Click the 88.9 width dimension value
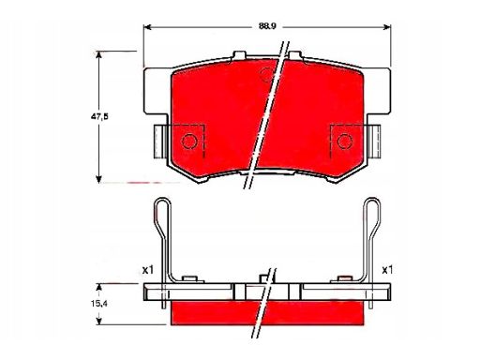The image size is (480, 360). tap(267, 26)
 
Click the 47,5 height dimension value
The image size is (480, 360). tap(99, 116)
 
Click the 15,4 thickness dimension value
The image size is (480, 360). tap(98, 303)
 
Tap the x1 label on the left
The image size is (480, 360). tap(148, 270)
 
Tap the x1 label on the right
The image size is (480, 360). tap(387, 270)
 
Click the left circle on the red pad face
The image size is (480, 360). tap(189, 141)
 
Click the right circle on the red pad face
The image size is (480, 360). tap(345, 141)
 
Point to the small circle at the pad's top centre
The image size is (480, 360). tap(266, 75)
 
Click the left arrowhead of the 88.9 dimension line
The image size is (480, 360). tap(147, 27)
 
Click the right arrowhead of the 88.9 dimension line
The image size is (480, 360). tap(387, 27)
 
